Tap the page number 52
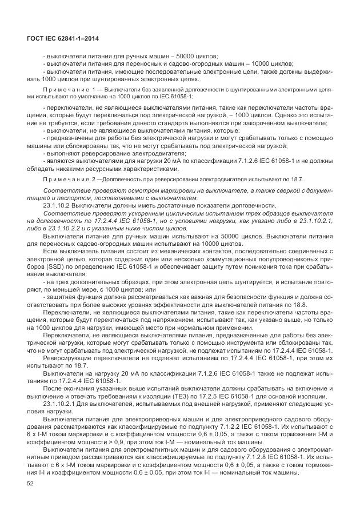(30, 485)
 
